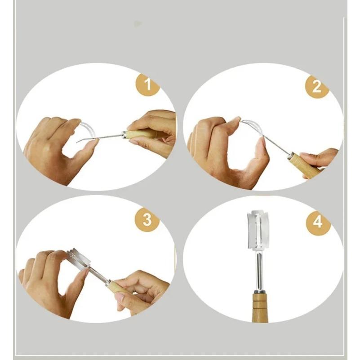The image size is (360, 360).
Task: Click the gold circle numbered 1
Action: (x=147, y=84)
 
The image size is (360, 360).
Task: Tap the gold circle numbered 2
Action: (x=317, y=87)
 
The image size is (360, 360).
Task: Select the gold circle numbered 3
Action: (x=147, y=220)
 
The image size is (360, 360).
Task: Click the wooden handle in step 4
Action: (x=260, y=307)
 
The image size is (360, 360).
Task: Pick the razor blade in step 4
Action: (x=258, y=230)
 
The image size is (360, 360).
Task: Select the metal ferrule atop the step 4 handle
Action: (x=259, y=292)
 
